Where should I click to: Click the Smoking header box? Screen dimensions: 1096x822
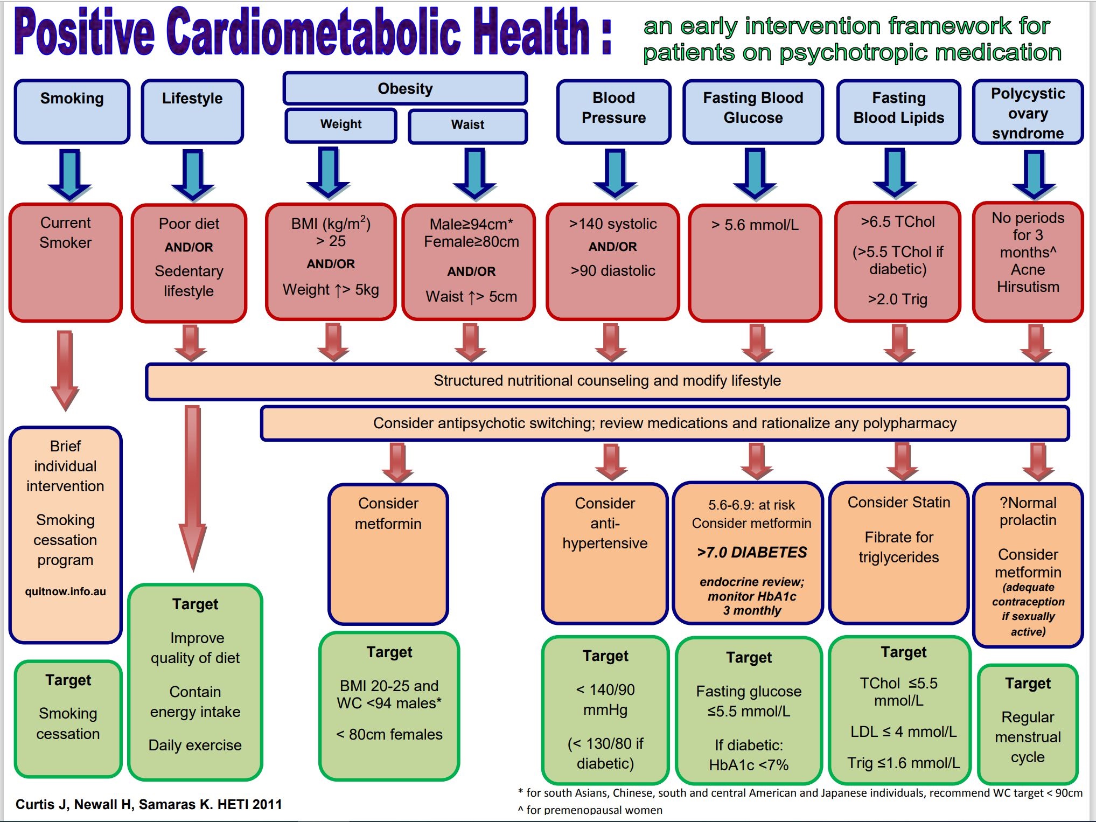pyautogui.click(x=72, y=112)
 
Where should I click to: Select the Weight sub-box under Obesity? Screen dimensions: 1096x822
pyautogui.click(x=341, y=125)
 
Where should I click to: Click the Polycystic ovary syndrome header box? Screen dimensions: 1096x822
pyautogui.click(x=1028, y=112)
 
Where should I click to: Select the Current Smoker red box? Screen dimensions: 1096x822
pyautogui.click(x=66, y=262)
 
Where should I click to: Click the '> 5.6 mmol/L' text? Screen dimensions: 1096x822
pyautogui.click(x=755, y=225)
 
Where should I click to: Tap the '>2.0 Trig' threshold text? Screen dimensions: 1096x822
pyautogui.click(x=897, y=299)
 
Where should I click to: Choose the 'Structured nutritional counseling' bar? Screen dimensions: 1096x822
pyautogui.click(x=607, y=381)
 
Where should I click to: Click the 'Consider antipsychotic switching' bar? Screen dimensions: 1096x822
pyautogui.click(x=665, y=423)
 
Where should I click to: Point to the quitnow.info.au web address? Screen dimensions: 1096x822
pyautogui.click(x=66, y=591)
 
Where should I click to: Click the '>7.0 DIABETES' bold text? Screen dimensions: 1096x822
pyautogui.click(x=752, y=552)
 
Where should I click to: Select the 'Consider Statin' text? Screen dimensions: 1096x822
pyautogui.click(x=899, y=502)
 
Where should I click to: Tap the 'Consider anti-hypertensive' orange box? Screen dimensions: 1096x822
pyautogui.click(x=605, y=553)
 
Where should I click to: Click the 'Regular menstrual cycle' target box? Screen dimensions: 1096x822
pyautogui.click(x=1028, y=724)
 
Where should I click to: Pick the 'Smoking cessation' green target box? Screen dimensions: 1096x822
pyautogui.click(x=68, y=719)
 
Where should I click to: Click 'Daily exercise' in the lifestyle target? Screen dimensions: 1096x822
pyautogui.click(x=195, y=745)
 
